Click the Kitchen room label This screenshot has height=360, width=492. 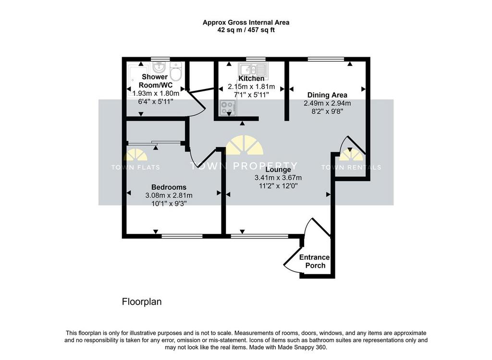tap(251, 78)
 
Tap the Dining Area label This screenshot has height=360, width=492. tap(327, 95)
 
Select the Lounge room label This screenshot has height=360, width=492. tap(278, 170)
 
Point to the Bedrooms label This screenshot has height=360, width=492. tap(169, 187)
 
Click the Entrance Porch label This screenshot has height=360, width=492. tap(315, 261)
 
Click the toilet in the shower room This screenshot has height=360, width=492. tap(176, 71)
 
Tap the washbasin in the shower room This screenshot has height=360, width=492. tap(160, 67)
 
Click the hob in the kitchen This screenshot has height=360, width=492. tap(228, 108)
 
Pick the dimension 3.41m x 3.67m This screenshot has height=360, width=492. tap(278, 178)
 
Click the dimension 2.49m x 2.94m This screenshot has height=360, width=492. tap(327, 103)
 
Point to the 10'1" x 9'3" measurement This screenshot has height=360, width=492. tap(169, 204)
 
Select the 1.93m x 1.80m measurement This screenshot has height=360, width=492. tap(156, 94)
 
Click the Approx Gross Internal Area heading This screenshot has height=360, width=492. tap(246, 23)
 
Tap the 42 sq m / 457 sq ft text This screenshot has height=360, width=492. tap(246, 30)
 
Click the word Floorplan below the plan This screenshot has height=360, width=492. tap(142, 302)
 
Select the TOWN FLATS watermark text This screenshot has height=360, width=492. tap(135, 167)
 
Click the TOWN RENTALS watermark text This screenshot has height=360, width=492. tap(351, 167)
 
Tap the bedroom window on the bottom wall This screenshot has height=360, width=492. tap(182, 236)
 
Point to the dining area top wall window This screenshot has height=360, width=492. tap(326, 59)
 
